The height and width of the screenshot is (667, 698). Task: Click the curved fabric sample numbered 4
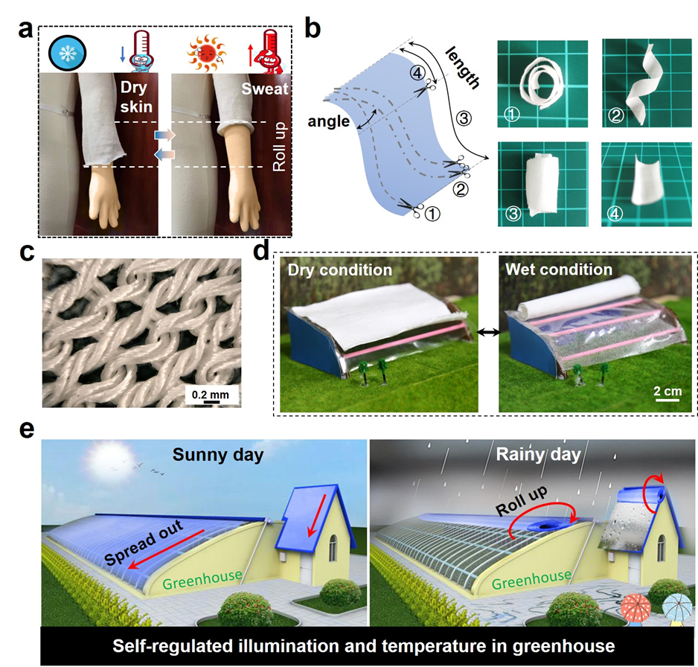(x=646, y=183)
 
